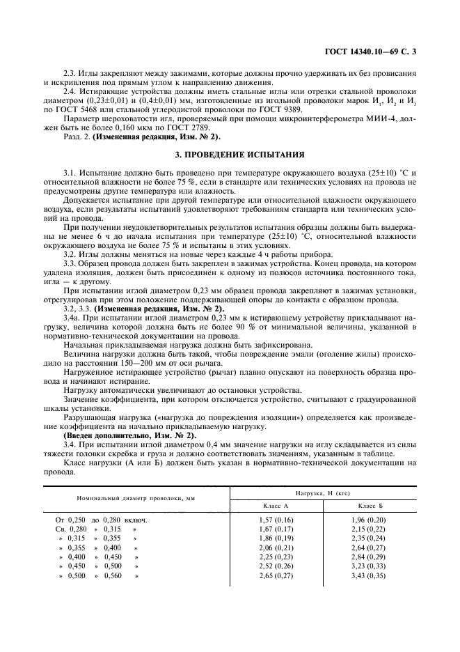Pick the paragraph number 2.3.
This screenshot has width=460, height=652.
[x=72, y=72]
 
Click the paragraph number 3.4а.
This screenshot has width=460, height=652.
[x=74, y=318]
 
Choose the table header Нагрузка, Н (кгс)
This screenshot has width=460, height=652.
[x=323, y=492]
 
